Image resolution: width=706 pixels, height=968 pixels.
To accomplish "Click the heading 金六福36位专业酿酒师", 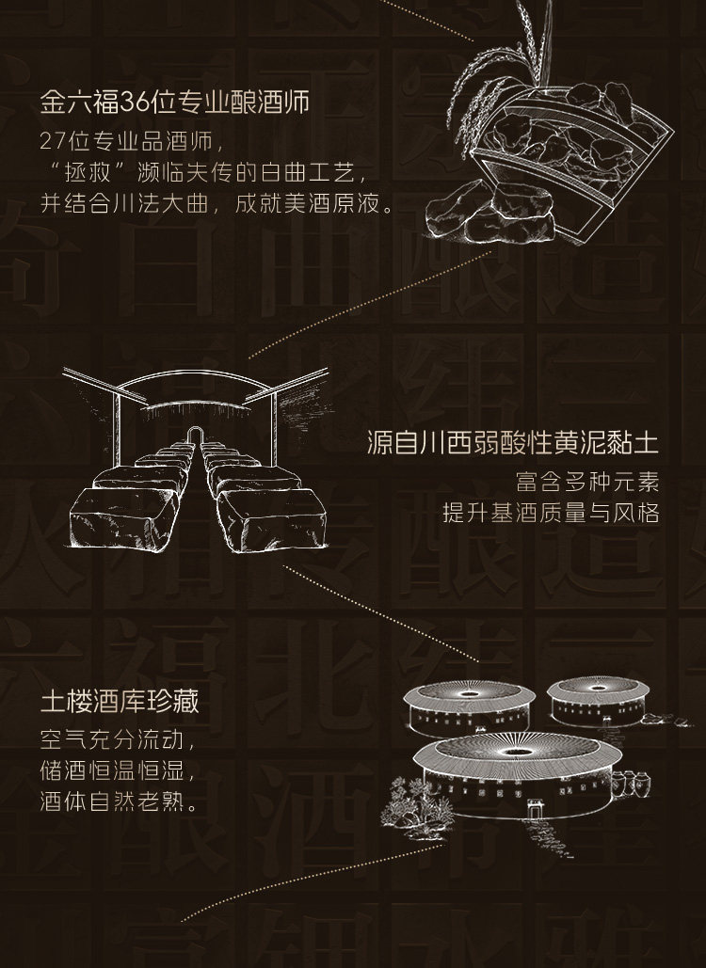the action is pos(175,102).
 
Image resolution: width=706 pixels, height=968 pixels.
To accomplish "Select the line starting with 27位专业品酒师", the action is pos(132,142).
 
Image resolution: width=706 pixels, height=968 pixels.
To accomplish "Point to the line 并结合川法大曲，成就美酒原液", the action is pos(217,205).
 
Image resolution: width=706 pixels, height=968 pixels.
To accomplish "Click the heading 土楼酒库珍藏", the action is pos(119,703).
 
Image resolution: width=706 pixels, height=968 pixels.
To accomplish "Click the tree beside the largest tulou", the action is pos(405,800).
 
